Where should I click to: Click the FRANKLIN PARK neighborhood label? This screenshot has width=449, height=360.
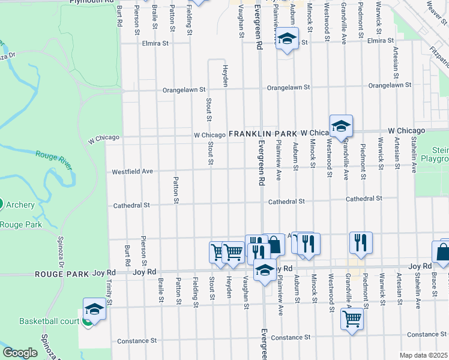264,133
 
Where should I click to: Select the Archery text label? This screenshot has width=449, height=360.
20,205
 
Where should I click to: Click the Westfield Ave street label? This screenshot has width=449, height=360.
132,172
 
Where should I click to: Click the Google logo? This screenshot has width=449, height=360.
20,353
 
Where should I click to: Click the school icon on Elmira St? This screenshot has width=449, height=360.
288,39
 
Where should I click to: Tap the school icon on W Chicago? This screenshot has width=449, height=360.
341,125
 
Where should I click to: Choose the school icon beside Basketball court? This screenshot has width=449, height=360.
94,308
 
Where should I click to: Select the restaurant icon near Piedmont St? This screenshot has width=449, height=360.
361,242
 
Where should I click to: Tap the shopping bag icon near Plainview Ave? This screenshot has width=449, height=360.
274,244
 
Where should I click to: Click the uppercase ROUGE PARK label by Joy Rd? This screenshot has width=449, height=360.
62,273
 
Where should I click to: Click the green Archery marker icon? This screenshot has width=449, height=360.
2,205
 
